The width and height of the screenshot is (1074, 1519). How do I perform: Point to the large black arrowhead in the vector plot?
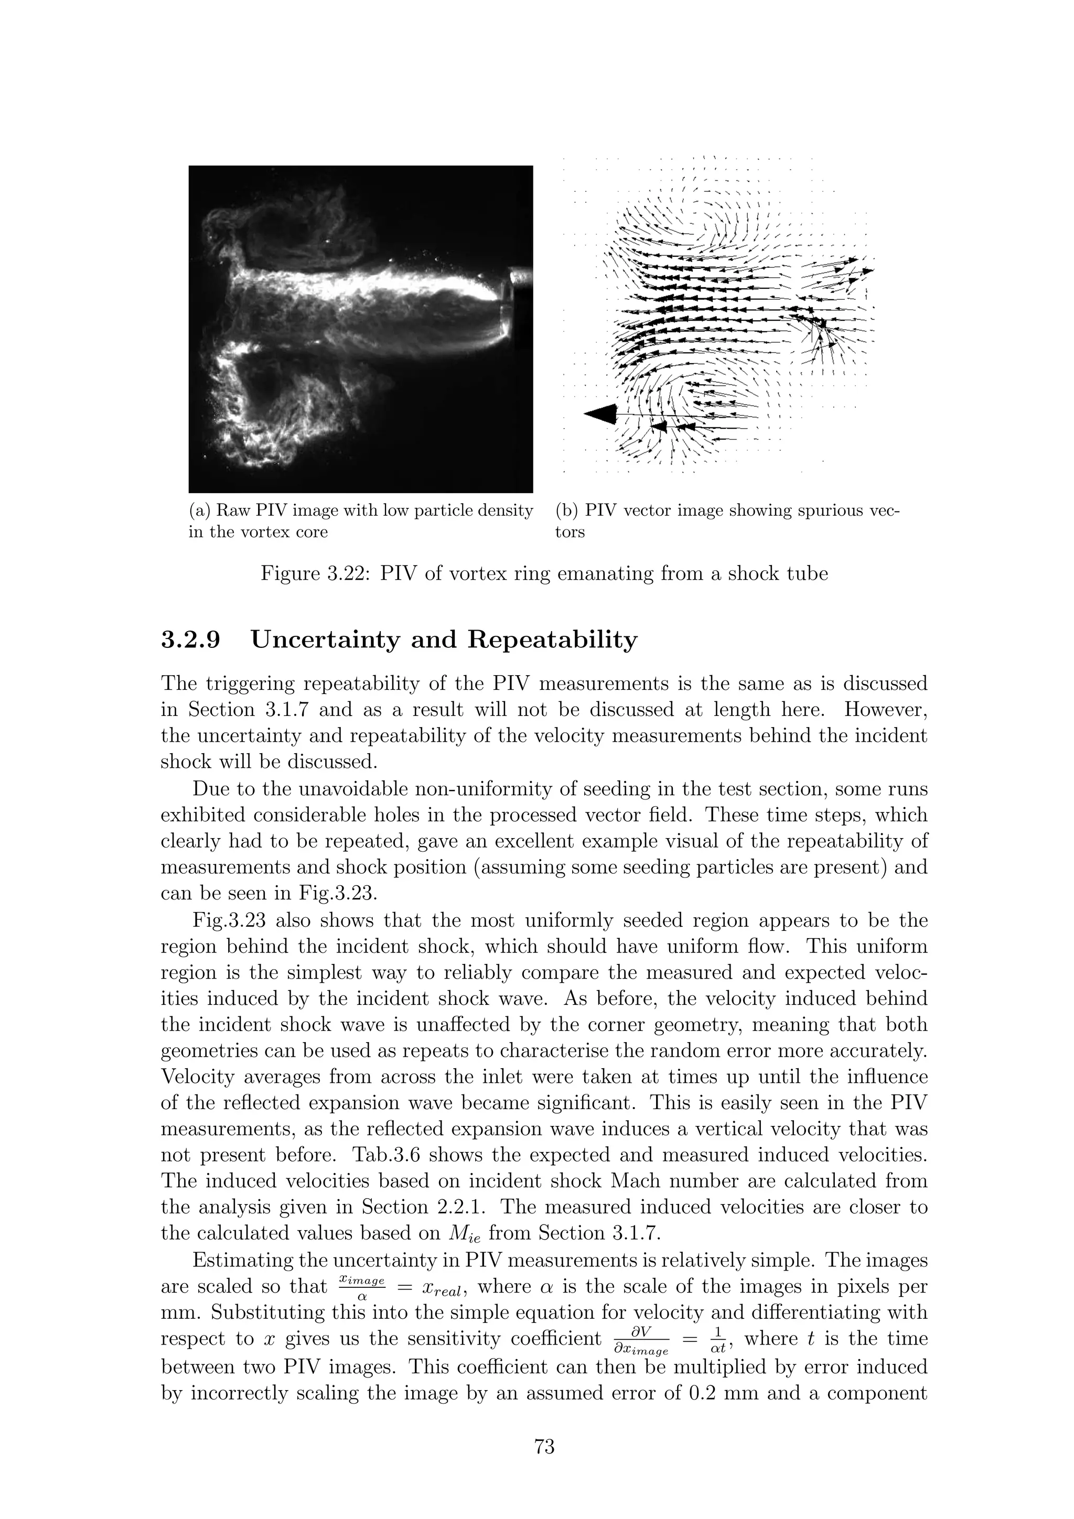pyautogui.click(x=601, y=414)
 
